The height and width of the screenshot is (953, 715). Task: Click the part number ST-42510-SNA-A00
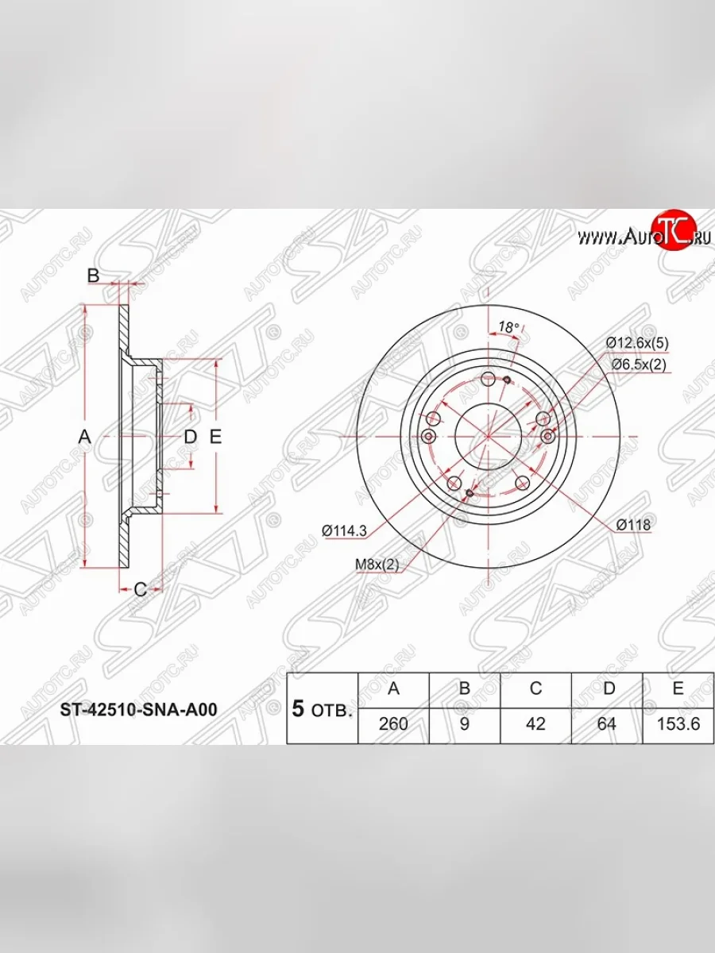point(139,709)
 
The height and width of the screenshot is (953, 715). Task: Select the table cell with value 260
point(393,724)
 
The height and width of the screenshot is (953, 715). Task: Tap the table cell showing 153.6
point(678,724)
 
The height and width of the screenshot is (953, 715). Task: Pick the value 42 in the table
point(535,724)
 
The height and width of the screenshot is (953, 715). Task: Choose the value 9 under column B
point(465,724)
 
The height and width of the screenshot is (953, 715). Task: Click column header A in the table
point(393,689)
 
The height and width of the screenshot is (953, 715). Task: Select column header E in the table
point(678,689)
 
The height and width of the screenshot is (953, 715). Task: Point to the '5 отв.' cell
point(322,709)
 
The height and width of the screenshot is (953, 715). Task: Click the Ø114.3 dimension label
point(344,531)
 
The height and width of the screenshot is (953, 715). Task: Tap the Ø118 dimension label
point(633,524)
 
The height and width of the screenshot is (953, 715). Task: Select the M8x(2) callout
point(376,564)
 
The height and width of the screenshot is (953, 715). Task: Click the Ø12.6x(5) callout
point(637,342)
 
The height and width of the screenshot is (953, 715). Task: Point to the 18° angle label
point(508,327)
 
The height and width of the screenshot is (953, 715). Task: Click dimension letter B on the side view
point(93,276)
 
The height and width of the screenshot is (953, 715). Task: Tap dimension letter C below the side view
point(139,588)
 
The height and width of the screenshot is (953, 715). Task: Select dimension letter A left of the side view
point(85,436)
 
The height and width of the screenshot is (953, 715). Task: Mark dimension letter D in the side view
point(190,436)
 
